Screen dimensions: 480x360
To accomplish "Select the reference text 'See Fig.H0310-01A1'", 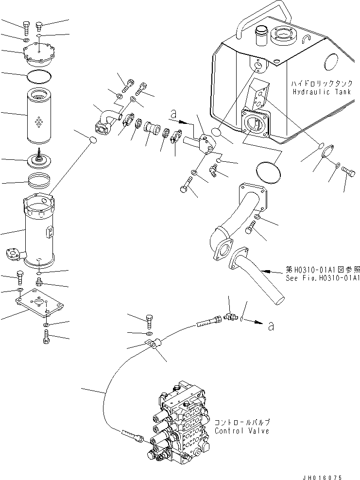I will tap(322, 278).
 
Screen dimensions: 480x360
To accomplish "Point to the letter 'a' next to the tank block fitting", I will tap(173, 115).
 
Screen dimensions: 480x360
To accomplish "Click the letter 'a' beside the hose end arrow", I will tap(271, 326).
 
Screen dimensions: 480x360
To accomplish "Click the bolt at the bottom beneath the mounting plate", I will tap(46, 337).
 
